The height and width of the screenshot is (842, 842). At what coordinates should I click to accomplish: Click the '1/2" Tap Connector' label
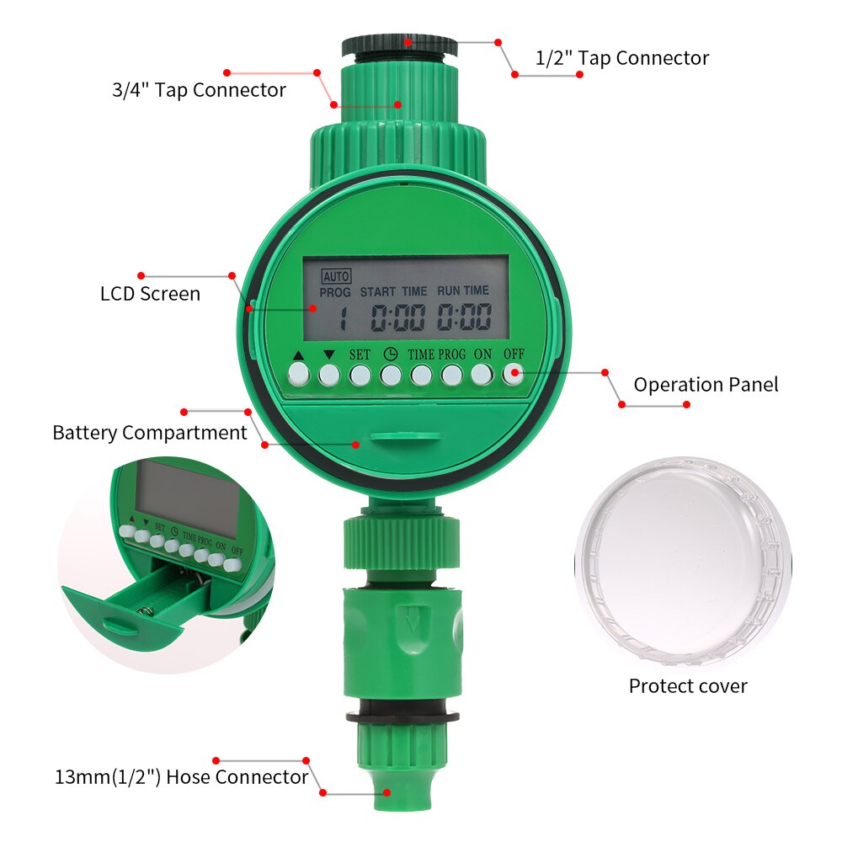click(622, 58)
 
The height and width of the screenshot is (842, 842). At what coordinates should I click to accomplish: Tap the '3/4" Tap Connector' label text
click(199, 90)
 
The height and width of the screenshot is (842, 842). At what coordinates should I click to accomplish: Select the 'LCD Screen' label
click(150, 294)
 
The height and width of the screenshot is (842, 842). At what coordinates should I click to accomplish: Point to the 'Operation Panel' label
click(706, 385)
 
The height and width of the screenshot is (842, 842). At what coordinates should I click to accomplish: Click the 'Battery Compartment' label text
click(150, 433)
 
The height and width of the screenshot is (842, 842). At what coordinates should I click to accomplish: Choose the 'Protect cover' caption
click(688, 686)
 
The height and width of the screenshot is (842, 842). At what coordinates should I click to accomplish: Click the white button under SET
click(360, 374)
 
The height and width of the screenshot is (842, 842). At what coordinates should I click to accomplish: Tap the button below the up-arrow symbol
click(298, 373)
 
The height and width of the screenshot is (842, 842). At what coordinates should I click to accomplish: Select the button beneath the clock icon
click(391, 374)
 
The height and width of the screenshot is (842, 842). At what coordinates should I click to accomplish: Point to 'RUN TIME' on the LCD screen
click(462, 290)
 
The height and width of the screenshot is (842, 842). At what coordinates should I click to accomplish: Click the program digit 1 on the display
click(343, 319)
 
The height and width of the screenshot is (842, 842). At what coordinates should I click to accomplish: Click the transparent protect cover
click(682, 561)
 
